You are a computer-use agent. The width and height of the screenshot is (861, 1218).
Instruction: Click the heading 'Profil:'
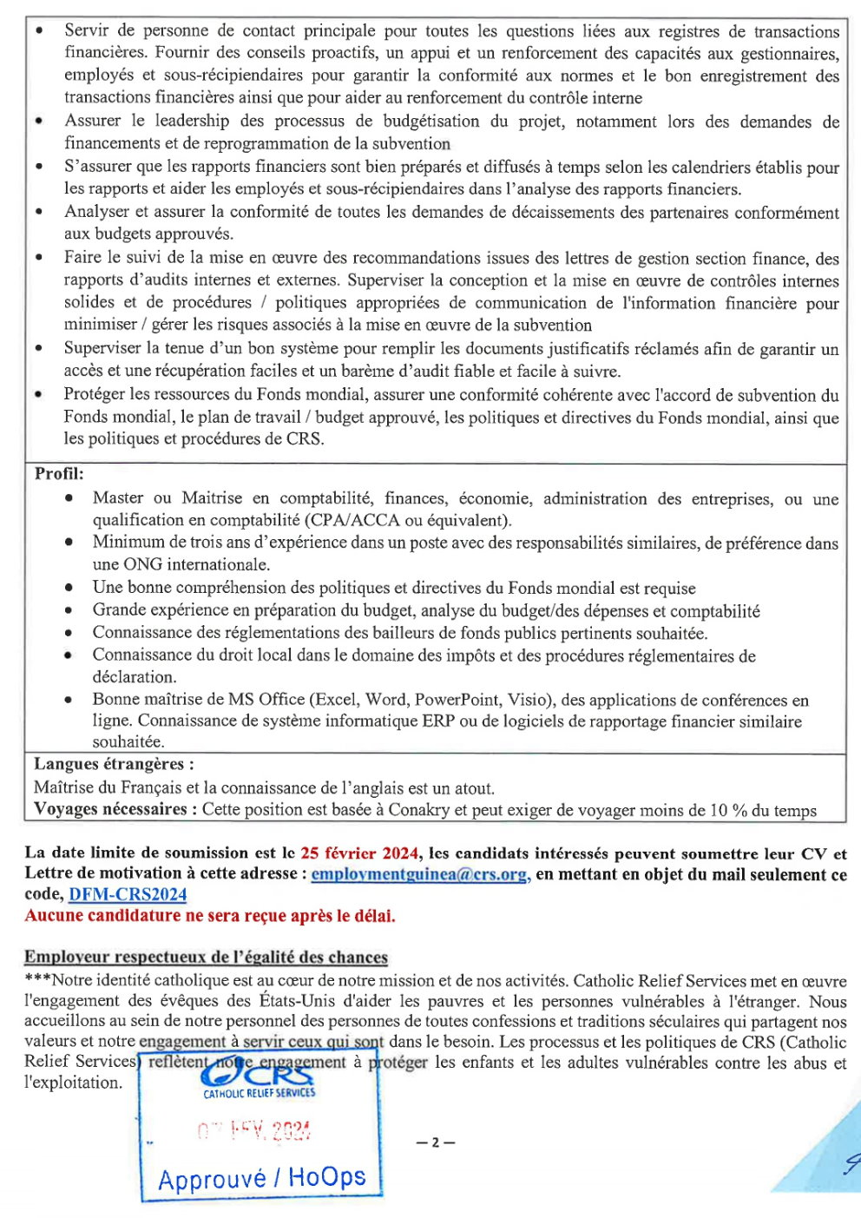tap(59, 474)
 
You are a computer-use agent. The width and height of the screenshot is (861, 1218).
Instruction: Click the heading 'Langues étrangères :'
tap(114, 764)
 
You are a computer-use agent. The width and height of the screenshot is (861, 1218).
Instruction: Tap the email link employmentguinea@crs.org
tap(420, 874)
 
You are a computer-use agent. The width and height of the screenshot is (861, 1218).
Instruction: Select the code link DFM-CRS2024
tap(128, 894)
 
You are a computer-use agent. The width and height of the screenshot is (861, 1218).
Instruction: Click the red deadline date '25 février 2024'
tap(360, 853)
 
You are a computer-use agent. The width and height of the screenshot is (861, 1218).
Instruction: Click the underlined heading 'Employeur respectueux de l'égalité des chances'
tap(206, 957)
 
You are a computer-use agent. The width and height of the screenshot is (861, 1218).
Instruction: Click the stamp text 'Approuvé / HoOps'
tap(261, 1178)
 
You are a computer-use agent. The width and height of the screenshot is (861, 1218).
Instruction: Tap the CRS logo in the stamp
tap(259, 1076)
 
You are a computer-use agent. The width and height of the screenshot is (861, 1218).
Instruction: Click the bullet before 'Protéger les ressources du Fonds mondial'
tap(39, 395)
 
